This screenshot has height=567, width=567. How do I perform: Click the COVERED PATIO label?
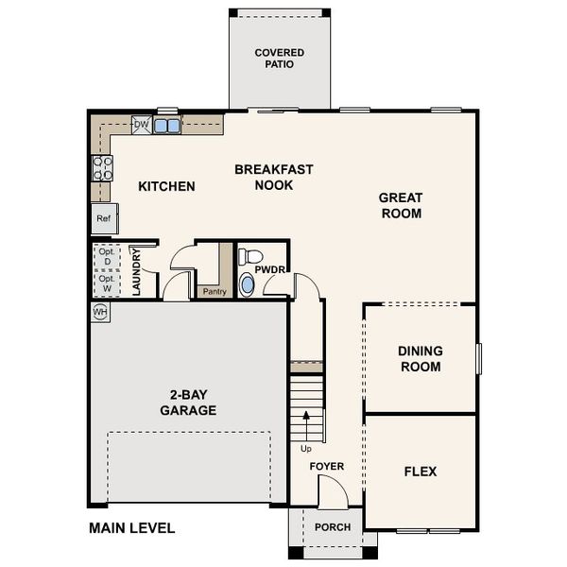point(280,59)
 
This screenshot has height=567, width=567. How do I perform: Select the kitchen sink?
point(168,125)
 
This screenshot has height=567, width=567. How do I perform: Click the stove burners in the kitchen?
point(102,168)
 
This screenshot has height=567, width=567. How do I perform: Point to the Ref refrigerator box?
point(103,218)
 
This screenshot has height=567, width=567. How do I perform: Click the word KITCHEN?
point(166,186)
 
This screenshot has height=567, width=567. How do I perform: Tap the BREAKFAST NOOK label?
point(273,177)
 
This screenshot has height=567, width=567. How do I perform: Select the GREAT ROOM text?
point(400,205)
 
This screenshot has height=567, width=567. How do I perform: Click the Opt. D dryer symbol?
point(106,255)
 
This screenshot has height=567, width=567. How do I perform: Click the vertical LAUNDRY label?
point(136,273)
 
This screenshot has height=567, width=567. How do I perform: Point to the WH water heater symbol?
point(100,311)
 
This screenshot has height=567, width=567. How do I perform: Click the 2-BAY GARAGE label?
point(187,403)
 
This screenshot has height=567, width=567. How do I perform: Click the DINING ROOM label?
point(420,358)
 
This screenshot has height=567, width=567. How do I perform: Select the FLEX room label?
point(420,471)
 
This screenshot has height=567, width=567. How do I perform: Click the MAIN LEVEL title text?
point(131,527)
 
